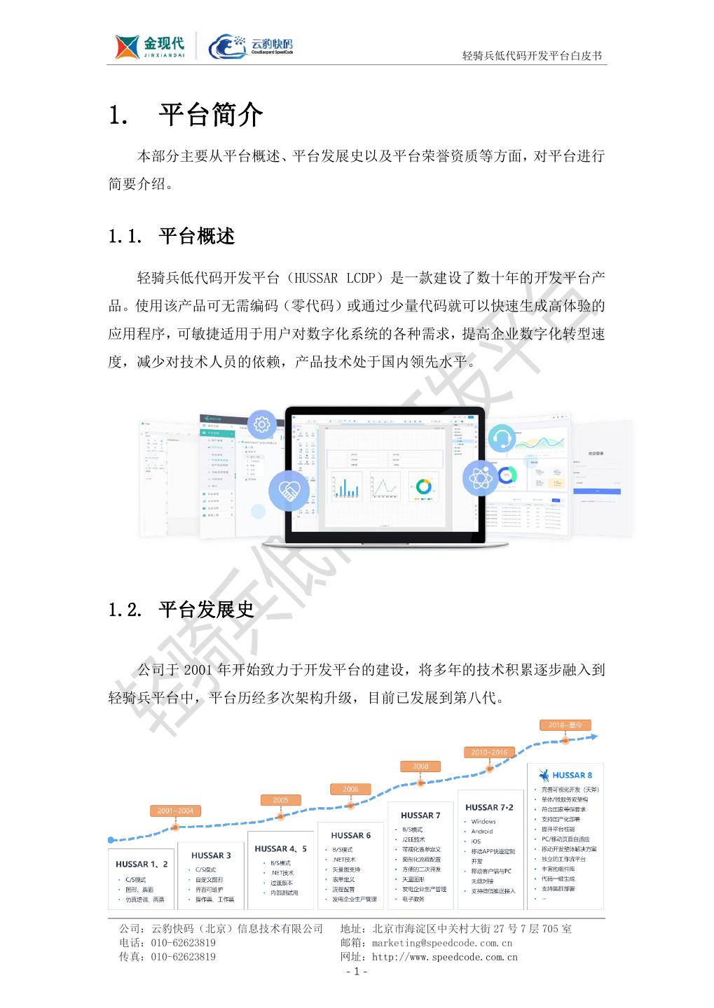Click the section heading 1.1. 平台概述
click(x=172, y=237)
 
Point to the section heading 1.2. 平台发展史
click(x=181, y=610)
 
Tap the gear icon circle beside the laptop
click(x=263, y=423)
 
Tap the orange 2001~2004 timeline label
click(x=175, y=811)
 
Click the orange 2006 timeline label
click(x=350, y=789)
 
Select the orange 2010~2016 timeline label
click(x=489, y=752)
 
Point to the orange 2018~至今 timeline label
click(x=565, y=724)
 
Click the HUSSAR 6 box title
click(x=351, y=835)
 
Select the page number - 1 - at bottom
click(x=357, y=972)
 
